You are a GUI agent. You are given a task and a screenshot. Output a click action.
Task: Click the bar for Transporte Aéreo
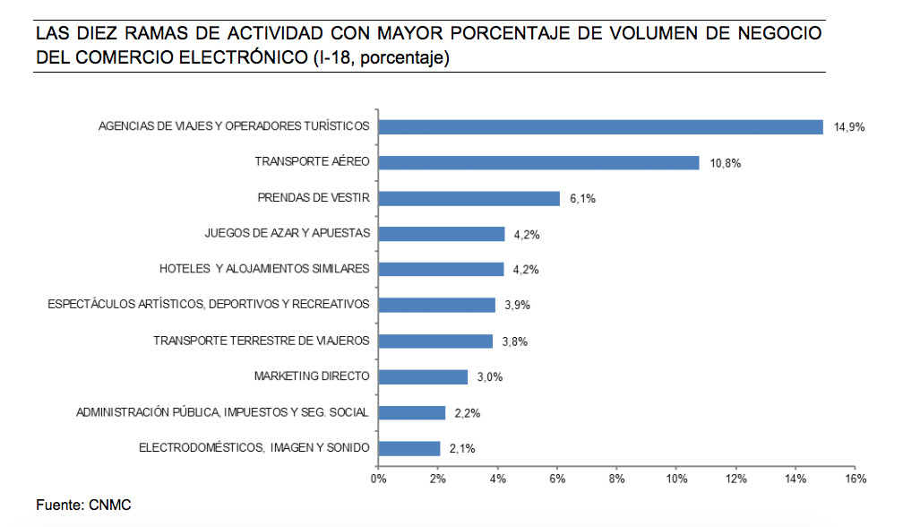tap(538, 162)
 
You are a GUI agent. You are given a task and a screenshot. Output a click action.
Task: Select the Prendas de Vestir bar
tap(469, 198)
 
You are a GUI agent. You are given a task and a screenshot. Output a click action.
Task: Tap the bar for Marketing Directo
tap(423, 376)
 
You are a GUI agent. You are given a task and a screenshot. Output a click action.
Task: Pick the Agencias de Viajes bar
tap(600, 126)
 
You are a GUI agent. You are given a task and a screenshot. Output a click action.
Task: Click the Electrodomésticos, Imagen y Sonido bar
tap(408, 448)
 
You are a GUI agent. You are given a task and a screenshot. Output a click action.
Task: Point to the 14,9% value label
tap(849, 127)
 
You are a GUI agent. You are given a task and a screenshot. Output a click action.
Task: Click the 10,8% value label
tap(725, 163)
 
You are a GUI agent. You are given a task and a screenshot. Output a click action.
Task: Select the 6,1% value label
tap(582, 199)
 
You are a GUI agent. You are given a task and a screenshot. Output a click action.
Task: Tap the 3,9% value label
tap(517, 306)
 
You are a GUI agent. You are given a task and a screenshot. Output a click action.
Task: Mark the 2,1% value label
tap(462, 449)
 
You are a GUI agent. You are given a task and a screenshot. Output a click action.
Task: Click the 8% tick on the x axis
tap(616, 479)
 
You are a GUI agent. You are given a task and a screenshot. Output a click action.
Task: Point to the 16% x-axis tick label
tap(856, 479)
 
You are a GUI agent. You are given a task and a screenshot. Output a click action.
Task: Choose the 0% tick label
tap(378, 479)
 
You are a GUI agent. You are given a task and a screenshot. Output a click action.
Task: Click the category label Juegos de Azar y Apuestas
tap(288, 233)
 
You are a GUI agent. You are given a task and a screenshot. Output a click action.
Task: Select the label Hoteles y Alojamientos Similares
tap(264, 269)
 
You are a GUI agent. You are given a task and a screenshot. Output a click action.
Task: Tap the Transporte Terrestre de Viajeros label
tap(261, 341)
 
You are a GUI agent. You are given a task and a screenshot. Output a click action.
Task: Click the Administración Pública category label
tap(222, 412)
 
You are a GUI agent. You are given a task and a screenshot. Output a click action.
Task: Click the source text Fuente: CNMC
tap(83, 505)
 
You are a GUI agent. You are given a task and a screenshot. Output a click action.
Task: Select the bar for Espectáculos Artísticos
tap(436, 306)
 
